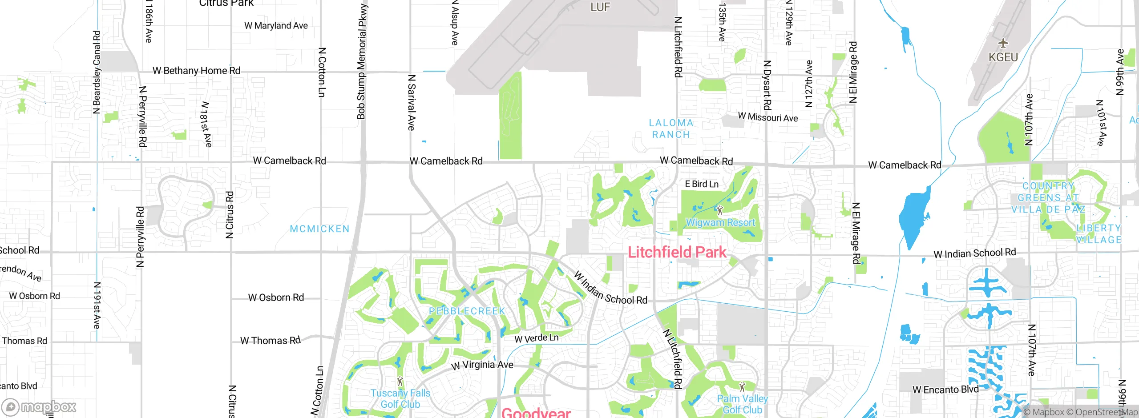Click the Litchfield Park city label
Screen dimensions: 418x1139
tap(677, 252)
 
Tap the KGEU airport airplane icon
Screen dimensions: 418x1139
tap(1003, 43)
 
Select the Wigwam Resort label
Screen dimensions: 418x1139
tap(720, 222)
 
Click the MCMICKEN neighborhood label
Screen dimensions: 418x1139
tap(319, 229)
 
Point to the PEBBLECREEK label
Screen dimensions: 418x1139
tap(467, 311)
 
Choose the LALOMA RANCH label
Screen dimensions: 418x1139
tap(671, 129)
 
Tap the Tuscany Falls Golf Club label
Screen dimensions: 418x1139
tap(400, 399)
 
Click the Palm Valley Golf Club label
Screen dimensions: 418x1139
tap(742, 404)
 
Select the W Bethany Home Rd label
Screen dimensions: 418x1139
tap(196, 71)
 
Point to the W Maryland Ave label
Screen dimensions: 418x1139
tap(276, 26)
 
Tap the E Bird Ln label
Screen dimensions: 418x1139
tap(702, 184)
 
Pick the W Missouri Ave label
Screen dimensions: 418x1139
tap(767, 117)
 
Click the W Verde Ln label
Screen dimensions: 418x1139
tap(536, 338)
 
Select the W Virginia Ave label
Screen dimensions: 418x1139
tap(482, 365)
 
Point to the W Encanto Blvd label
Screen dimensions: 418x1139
tap(945, 390)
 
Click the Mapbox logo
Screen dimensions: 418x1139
tap(39, 407)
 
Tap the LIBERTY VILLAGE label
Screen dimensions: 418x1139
tap(1098, 234)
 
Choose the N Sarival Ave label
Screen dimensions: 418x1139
tap(412, 103)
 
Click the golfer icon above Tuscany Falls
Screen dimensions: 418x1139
tap(400, 381)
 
